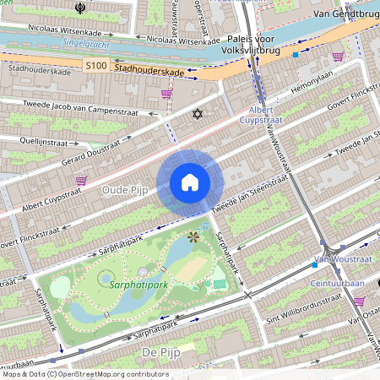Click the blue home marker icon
coord(190,182)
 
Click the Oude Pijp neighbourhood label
coord(124,191)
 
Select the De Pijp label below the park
coord(158,351)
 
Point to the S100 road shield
coord(96,64)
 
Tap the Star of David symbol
coord(199,113)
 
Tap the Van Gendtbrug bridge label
coord(344,14)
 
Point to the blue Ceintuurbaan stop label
coord(336,284)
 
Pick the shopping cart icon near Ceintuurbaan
coord(359,301)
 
